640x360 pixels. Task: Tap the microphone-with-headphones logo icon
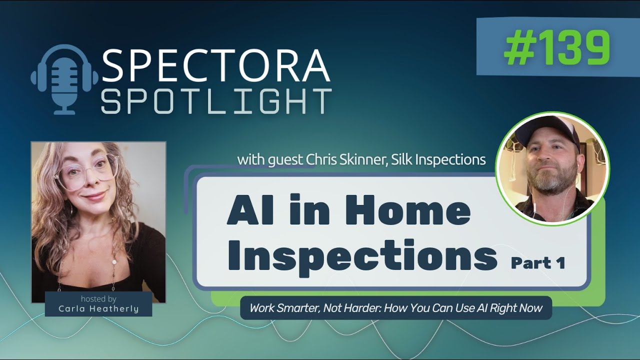click(65, 79)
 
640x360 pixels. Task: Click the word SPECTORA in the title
click(216, 66)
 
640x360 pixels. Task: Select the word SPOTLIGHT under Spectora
click(216, 101)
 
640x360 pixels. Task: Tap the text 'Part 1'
click(537, 262)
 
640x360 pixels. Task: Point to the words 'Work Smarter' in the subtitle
click(281, 308)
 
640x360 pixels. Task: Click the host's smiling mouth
click(95, 195)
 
